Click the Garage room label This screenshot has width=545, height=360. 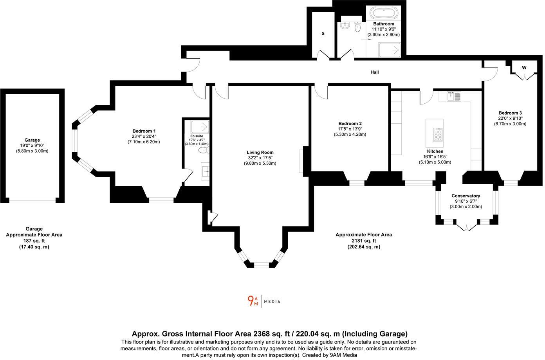tap(32, 140)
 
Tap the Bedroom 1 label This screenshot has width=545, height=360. tap(144, 131)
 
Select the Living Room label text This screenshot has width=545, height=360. tap(260, 153)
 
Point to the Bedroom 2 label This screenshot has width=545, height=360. tap(350, 124)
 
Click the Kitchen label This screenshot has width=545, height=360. tap(435, 151)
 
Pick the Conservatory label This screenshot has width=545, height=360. tap(466, 196)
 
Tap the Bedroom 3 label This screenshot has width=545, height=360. tap(510, 113)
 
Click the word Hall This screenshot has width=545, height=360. tap(375, 72)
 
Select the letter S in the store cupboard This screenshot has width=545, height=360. tap(323, 34)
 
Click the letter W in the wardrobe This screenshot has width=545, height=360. tap(524, 68)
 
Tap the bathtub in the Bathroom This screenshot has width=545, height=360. tap(385, 13)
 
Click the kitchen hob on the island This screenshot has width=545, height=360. tap(438, 135)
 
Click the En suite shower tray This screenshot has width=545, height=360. tap(200, 127)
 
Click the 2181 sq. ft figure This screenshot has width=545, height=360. tap(363, 241)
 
